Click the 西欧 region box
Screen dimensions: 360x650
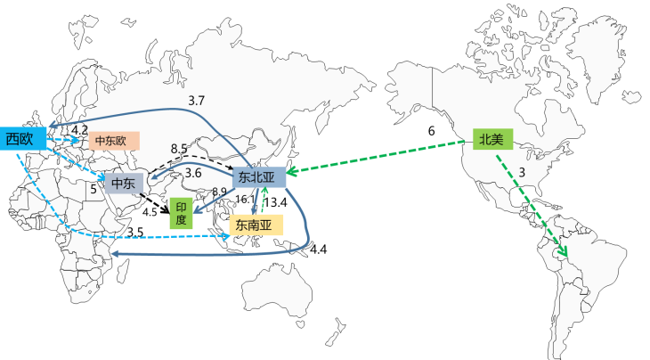(x=21, y=138)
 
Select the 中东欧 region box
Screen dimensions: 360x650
(x=111, y=141)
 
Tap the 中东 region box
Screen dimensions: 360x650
(x=123, y=184)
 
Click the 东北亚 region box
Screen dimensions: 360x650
(x=258, y=178)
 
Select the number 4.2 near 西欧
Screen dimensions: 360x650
(x=79, y=130)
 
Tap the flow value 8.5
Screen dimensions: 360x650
(x=178, y=148)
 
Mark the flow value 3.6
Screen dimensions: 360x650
(x=192, y=173)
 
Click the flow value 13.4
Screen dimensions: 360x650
(x=278, y=202)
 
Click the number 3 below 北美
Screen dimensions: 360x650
(x=522, y=171)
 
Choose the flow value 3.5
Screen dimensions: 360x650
(x=135, y=233)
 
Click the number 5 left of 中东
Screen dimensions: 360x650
(x=92, y=189)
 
